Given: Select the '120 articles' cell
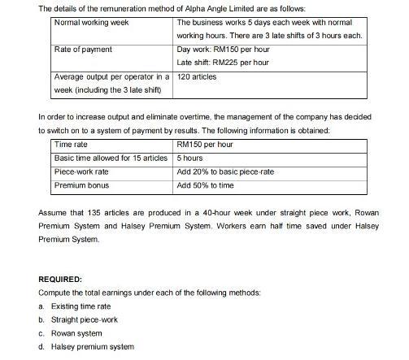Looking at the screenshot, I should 198,76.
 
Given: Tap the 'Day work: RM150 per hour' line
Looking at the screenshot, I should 223,50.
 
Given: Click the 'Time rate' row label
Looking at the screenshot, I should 71,145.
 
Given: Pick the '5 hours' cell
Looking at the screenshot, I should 189,158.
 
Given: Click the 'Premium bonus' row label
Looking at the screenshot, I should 81,185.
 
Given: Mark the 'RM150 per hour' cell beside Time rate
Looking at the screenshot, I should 204,145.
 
